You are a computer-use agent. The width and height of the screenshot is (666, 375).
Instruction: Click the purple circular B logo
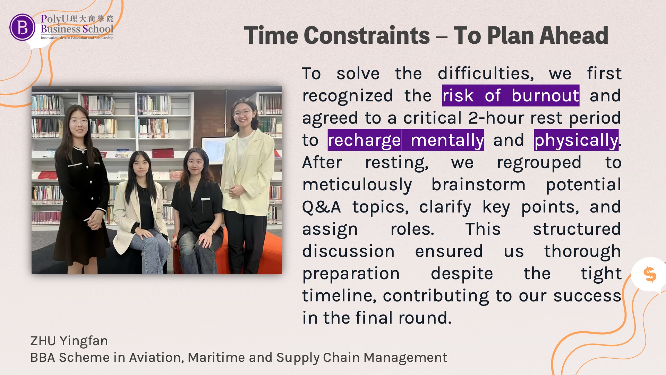pos(22,27)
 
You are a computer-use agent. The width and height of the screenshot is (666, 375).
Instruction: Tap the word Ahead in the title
pos(573,35)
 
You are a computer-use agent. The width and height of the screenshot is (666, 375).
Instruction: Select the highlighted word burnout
pos(545,95)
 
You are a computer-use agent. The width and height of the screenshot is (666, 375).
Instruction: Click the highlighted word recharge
pos(364,140)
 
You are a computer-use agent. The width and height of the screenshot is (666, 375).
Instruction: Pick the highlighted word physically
pos(576,140)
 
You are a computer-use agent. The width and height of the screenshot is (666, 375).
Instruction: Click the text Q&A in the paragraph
pos(322,207)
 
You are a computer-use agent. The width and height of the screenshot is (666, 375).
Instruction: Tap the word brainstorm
pos(478,184)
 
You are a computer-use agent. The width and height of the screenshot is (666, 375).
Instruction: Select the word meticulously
pos(357,185)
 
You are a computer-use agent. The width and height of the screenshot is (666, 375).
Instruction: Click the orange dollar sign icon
pos(650,274)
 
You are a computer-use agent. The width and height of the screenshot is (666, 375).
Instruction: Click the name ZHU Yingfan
pos(69,341)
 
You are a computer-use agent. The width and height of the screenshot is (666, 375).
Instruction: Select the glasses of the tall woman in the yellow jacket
pos(243,113)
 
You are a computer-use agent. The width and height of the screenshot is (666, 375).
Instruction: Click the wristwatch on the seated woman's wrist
pos(212,230)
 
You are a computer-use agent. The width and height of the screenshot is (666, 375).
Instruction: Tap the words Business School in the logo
pos(77,29)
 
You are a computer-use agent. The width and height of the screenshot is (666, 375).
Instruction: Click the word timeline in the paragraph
pos(339,296)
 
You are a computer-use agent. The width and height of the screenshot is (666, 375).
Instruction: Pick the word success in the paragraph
pos(587,296)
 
